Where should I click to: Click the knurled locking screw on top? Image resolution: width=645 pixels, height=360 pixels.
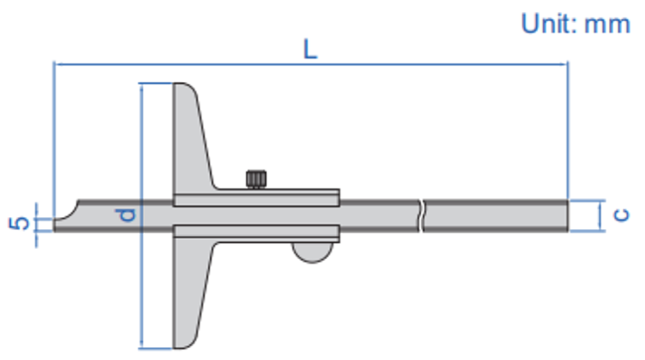pos(256,179)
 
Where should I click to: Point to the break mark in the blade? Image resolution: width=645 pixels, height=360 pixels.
pos(424,214)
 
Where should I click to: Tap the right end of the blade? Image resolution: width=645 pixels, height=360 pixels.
pos(563,214)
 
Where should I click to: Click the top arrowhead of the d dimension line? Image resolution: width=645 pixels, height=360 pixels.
pos(142,89)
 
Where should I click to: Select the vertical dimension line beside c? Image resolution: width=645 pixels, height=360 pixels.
pos(601,214)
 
